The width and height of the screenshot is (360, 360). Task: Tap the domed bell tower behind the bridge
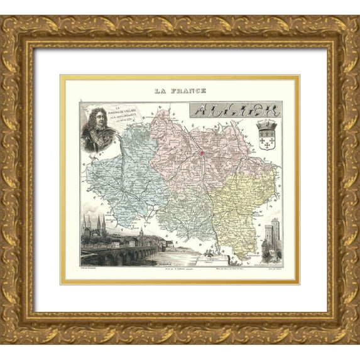[141, 235]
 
